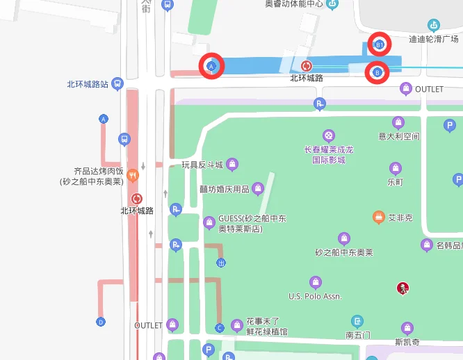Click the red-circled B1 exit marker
(379, 45)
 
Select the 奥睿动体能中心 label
(294, 3)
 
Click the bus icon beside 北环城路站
(117, 84)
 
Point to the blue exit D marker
(101, 322)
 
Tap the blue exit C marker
(220, 327)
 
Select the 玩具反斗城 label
(202, 165)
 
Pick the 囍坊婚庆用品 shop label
(224, 188)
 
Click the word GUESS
(231, 218)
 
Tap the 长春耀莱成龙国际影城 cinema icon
(329, 135)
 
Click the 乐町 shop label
(395, 182)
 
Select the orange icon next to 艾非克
(379, 218)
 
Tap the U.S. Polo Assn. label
(315, 297)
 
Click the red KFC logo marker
(402, 288)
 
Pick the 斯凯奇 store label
(407, 342)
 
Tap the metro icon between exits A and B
(306, 66)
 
